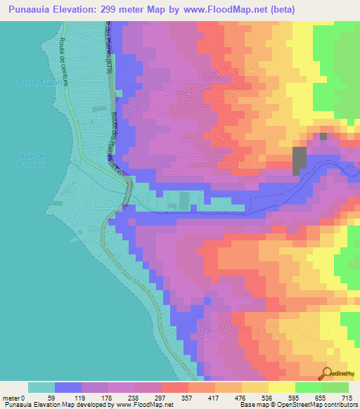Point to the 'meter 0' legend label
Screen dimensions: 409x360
pyautogui.click(x=15, y=397)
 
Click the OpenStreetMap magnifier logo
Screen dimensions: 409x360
pyautogui.click(x=327, y=374)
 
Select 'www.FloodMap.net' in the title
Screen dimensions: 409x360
pyautogui.click(x=216, y=9)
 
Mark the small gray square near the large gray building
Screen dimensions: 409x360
pyautogui.click(x=323, y=136)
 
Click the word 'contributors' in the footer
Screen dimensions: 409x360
pyautogui.click(x=338, y=405)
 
